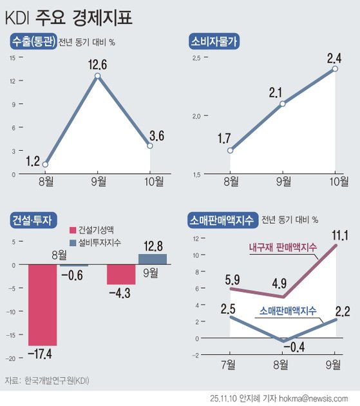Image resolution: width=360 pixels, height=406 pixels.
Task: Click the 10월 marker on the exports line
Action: click(x=150, y=146)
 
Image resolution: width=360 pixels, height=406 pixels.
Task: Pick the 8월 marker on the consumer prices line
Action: click(x=231, y=151)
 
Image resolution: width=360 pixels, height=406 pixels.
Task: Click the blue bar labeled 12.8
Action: click(x=152, y=258)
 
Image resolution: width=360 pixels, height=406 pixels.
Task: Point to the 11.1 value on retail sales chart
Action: click(x=337, y=236)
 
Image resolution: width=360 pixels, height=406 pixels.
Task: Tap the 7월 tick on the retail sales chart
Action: click(x=230, y=365)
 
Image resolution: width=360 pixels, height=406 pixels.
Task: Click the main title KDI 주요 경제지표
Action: click(x=73, y=16)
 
